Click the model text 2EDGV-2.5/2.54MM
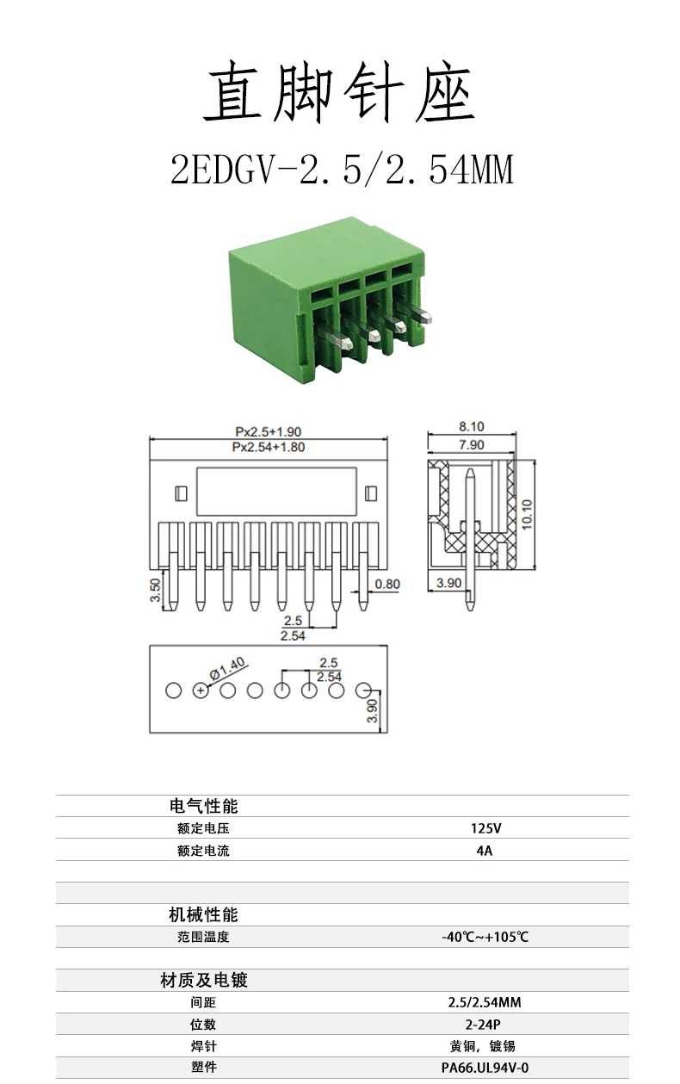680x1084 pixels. (x=342, y=169)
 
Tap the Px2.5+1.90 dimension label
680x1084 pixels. (x=269, y=431)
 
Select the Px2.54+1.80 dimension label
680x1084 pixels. (x=269, y=447)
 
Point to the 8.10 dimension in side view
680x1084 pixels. (x=472, y=426)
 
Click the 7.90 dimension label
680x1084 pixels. (x=472, y=444)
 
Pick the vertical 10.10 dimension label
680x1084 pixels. (x=527, y=514)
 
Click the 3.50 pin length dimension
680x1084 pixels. (x=155, y=590)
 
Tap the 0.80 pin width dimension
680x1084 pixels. (x=387, y=584)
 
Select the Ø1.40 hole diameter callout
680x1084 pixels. (x=227, y=668)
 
